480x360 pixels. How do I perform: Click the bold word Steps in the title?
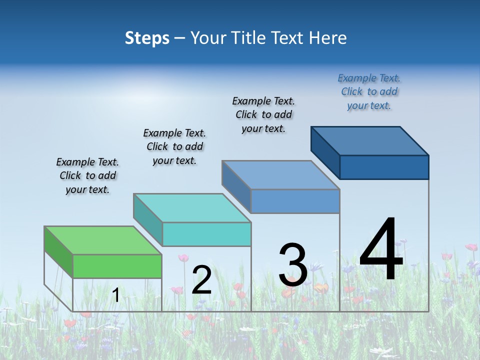(147, 38)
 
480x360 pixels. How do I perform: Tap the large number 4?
(381, 250)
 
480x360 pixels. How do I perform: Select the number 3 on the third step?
(293, 265)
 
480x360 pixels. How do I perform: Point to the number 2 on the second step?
(201, 280)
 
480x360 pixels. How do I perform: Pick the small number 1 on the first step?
(115, 295)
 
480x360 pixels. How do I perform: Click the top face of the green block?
(103, 240)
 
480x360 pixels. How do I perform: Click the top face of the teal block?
(192, 208)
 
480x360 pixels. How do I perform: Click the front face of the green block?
(117, 266)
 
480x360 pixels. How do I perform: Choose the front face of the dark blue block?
(384, 167)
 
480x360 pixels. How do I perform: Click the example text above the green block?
(87, 175)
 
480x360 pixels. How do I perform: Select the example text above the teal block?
(174, 146)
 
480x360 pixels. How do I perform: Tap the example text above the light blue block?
(263, 114)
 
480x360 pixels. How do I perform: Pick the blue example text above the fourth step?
(369, 91)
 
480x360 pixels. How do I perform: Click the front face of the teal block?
(206, 234)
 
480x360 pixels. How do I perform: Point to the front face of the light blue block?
(295, 201)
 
